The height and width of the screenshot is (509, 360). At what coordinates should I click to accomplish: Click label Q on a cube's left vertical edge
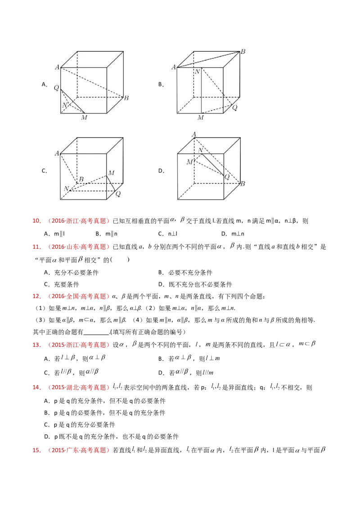tap(56, 88)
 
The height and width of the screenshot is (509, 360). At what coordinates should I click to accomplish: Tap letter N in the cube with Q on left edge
tap(64, 106)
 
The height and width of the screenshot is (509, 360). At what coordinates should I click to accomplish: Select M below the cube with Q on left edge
tap(84, 118)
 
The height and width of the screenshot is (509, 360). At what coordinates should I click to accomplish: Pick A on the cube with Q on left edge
tap(57, 67)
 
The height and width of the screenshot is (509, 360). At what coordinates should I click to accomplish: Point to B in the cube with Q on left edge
tap(126, 98)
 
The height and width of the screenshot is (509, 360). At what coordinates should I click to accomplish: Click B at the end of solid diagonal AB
tap(243, 52)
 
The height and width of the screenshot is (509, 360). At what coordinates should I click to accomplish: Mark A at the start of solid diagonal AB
tap(173, 67)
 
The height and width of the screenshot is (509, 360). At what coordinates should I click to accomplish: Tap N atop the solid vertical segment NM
tap(197, 71)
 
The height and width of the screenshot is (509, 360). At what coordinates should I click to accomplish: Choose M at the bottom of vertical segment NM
tap(201, 118)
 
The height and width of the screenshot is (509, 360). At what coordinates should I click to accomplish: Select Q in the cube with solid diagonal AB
tap(234, 108)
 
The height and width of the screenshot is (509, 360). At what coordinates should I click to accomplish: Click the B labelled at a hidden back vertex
tap(81, 179)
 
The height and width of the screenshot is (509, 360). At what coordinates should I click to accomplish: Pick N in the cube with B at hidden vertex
tap(67, 188)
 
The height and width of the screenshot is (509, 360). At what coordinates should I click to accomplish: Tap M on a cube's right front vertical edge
tap(111, 173)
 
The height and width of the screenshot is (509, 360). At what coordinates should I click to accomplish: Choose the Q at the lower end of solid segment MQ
tap(118, 194)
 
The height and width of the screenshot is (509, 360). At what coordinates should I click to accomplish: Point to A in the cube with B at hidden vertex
tap(57, 153)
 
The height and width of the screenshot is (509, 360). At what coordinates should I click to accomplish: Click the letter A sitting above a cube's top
tap(194, 134)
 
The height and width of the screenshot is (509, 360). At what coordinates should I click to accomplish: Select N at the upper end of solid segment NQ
tap(200, 150)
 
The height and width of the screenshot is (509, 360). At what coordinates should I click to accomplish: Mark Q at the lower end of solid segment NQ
tap(226, 177)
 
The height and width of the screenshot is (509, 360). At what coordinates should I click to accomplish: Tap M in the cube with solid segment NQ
tap(189, 162)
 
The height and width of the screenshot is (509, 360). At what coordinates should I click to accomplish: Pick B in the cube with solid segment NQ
tap(243, 183)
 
